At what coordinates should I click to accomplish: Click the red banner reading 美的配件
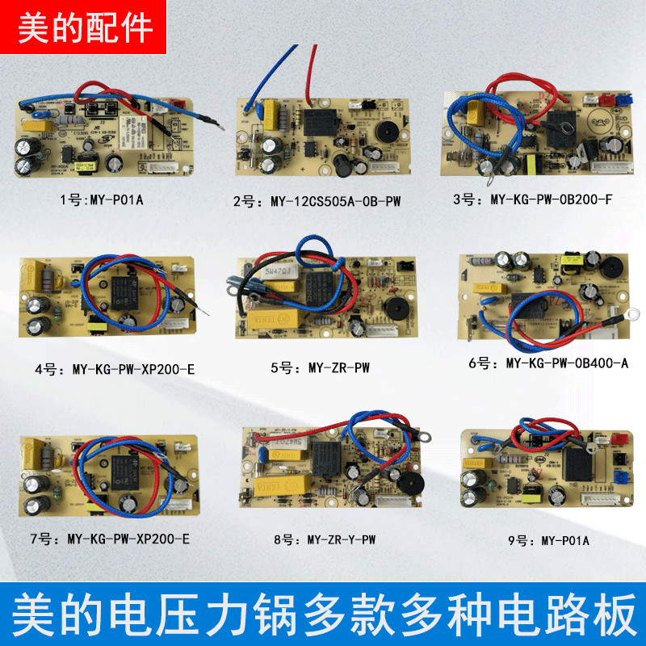[x=85, y=27]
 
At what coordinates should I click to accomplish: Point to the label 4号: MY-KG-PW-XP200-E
[x=122, y=369]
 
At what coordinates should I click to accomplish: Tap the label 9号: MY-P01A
[x=543, y=540]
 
